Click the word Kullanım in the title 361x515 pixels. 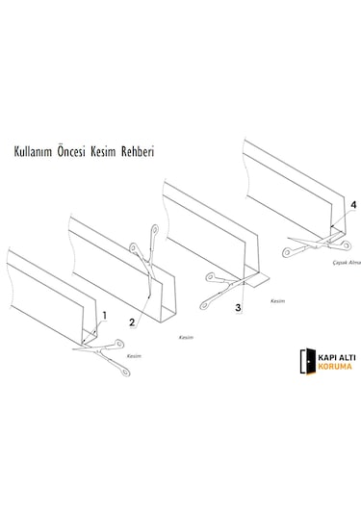(x=33, y=152)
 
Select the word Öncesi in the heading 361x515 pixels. (x=71, y=151)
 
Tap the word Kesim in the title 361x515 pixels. (x=103, y=152)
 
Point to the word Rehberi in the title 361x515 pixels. (x=138, y=152)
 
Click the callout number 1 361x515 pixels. (x=105, y=316)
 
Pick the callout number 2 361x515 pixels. (x=132, y=322)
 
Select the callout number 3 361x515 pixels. (x=238, y=308)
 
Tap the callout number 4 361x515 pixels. (x=353, y=205)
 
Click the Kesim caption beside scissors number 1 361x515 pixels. (x=134, y=356)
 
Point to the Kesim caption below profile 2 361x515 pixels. (x=186, y=337)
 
